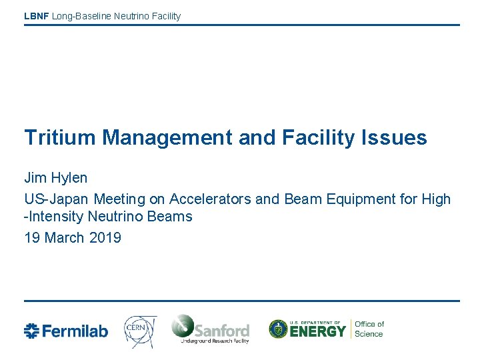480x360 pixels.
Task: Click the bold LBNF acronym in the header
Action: (x=36, y=16)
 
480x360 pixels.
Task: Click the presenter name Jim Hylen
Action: (x=56, y=178)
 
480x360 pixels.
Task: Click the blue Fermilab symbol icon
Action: (x=32, y=331)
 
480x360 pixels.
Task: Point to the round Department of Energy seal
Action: (x=278, y=329)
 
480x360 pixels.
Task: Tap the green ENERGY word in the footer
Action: (x=317, y=331)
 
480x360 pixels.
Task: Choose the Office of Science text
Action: (x=369, y=329)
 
